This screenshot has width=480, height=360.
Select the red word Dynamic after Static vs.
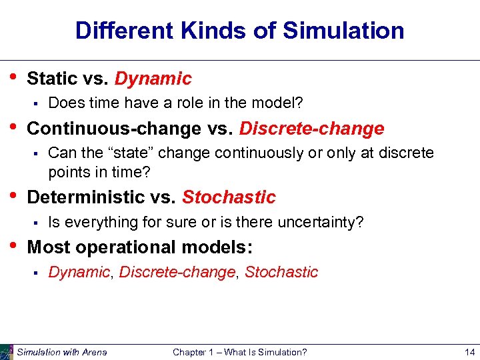(x=153, y=79)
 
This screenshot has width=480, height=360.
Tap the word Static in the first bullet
(x=52, y=79)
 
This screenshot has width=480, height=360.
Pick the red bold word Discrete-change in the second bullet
(x=311, y=128)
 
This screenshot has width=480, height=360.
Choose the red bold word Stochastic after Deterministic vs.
(x=229, y=197)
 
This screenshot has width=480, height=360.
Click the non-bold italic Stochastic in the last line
(x=281, y=272)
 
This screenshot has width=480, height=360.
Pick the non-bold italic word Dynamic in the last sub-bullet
(x=79, y=272)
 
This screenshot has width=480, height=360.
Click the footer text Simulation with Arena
(x=61, y=352)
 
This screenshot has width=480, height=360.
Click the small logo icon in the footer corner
(x=7, y=351)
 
